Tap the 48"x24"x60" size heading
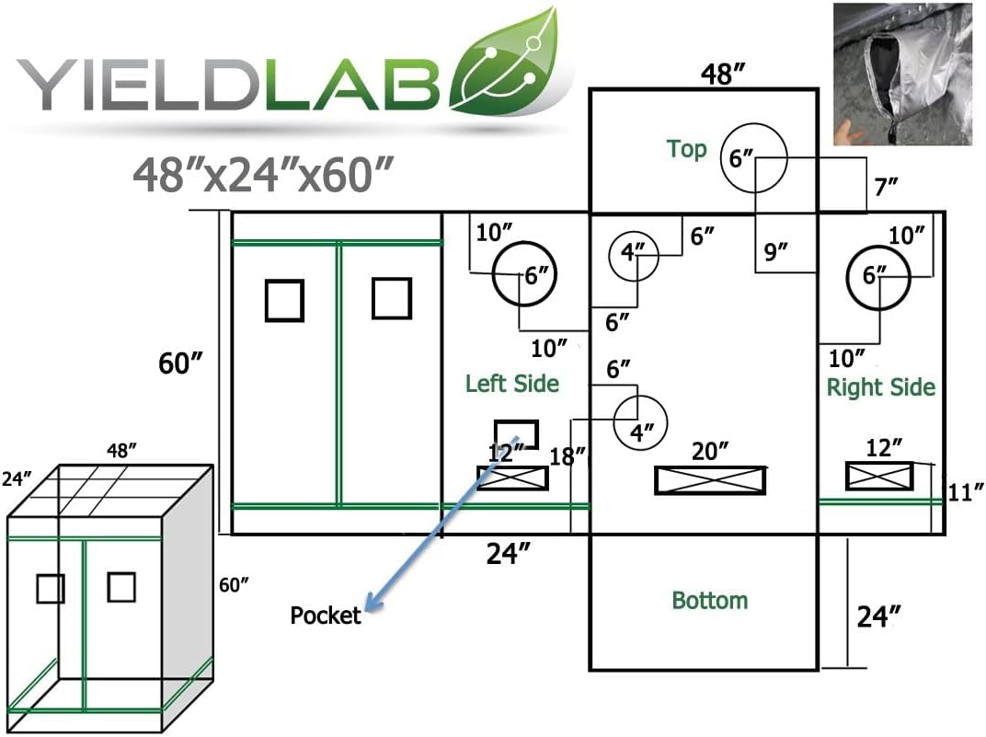[x=263, y=174]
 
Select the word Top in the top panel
[x=687, y=150]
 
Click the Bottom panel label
[x=710, y=600]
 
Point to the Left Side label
[x=512, y=383]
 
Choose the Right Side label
[x=880, y=386]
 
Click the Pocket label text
[x=325, y=615]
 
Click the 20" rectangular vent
[x=710, y=480]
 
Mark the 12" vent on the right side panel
[x=878, y=476]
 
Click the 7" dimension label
[x=886, y=187]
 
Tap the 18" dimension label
[x=568, y=455]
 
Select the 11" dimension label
[x=965, y=491]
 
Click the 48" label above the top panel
[x=723, y=74]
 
